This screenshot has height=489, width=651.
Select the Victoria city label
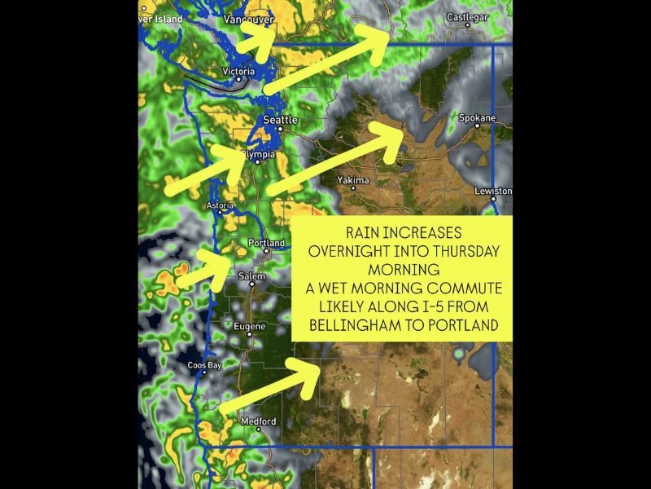point(239,71)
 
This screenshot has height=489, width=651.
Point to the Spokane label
point(477,118)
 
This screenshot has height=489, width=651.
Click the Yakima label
point(353,180)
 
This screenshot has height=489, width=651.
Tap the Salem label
point(251,276)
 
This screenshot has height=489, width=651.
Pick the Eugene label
point(249,327)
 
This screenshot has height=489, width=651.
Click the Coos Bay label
point(204,365)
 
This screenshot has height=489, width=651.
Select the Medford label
point(258,421)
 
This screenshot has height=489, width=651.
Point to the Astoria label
point(220,205)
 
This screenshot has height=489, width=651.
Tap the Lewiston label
point(494,191)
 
